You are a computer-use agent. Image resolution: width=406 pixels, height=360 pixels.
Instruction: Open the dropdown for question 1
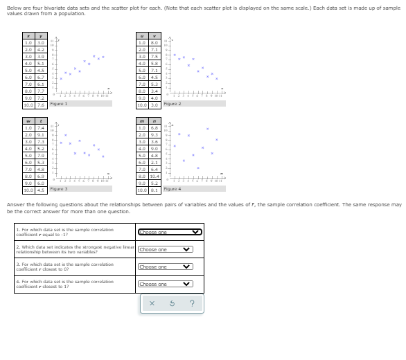170,233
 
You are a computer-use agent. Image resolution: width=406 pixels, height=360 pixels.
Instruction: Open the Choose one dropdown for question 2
166,249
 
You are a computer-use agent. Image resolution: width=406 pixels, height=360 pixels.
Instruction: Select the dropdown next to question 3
166,267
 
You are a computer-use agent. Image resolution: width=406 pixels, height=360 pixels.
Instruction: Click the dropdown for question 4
166,284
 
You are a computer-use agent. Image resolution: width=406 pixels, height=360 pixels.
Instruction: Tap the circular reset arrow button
170,303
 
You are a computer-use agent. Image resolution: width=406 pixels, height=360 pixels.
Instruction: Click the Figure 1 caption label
58,103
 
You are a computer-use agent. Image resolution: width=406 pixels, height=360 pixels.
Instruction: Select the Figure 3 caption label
58,188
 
